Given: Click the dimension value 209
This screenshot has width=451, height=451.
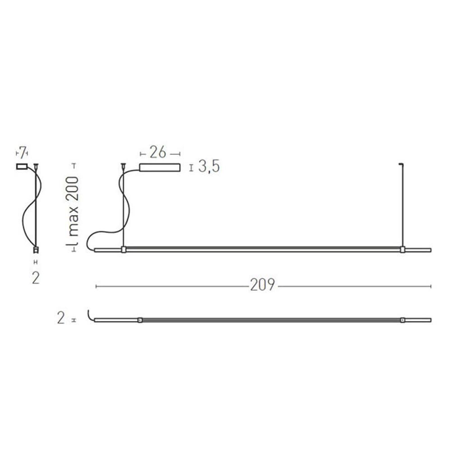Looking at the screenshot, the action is [x=262, y=285].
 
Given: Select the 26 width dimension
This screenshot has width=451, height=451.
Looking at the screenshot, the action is [x=158, y=152].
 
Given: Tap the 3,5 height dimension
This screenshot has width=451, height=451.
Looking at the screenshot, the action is [x=209, y=167].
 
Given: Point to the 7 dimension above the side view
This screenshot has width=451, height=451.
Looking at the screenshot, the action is [x=22, y=152].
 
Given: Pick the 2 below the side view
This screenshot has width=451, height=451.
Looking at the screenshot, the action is [x=36, y=278].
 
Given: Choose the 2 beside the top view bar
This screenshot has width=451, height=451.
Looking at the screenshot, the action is [x=61, y=318].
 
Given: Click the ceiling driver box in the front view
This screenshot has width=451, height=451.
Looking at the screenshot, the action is [x=160, y=167].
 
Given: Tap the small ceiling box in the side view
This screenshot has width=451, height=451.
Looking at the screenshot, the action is [x=22, y=166].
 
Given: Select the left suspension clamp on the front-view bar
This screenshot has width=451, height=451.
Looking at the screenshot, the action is [x=124, y=249].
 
